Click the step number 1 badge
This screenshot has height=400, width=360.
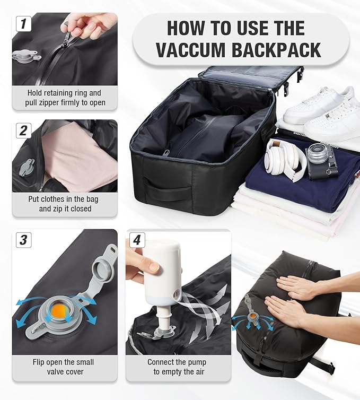23,24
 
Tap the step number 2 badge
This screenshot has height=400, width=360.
23,130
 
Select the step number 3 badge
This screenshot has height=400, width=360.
23,240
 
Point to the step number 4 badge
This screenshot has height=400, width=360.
136,240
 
